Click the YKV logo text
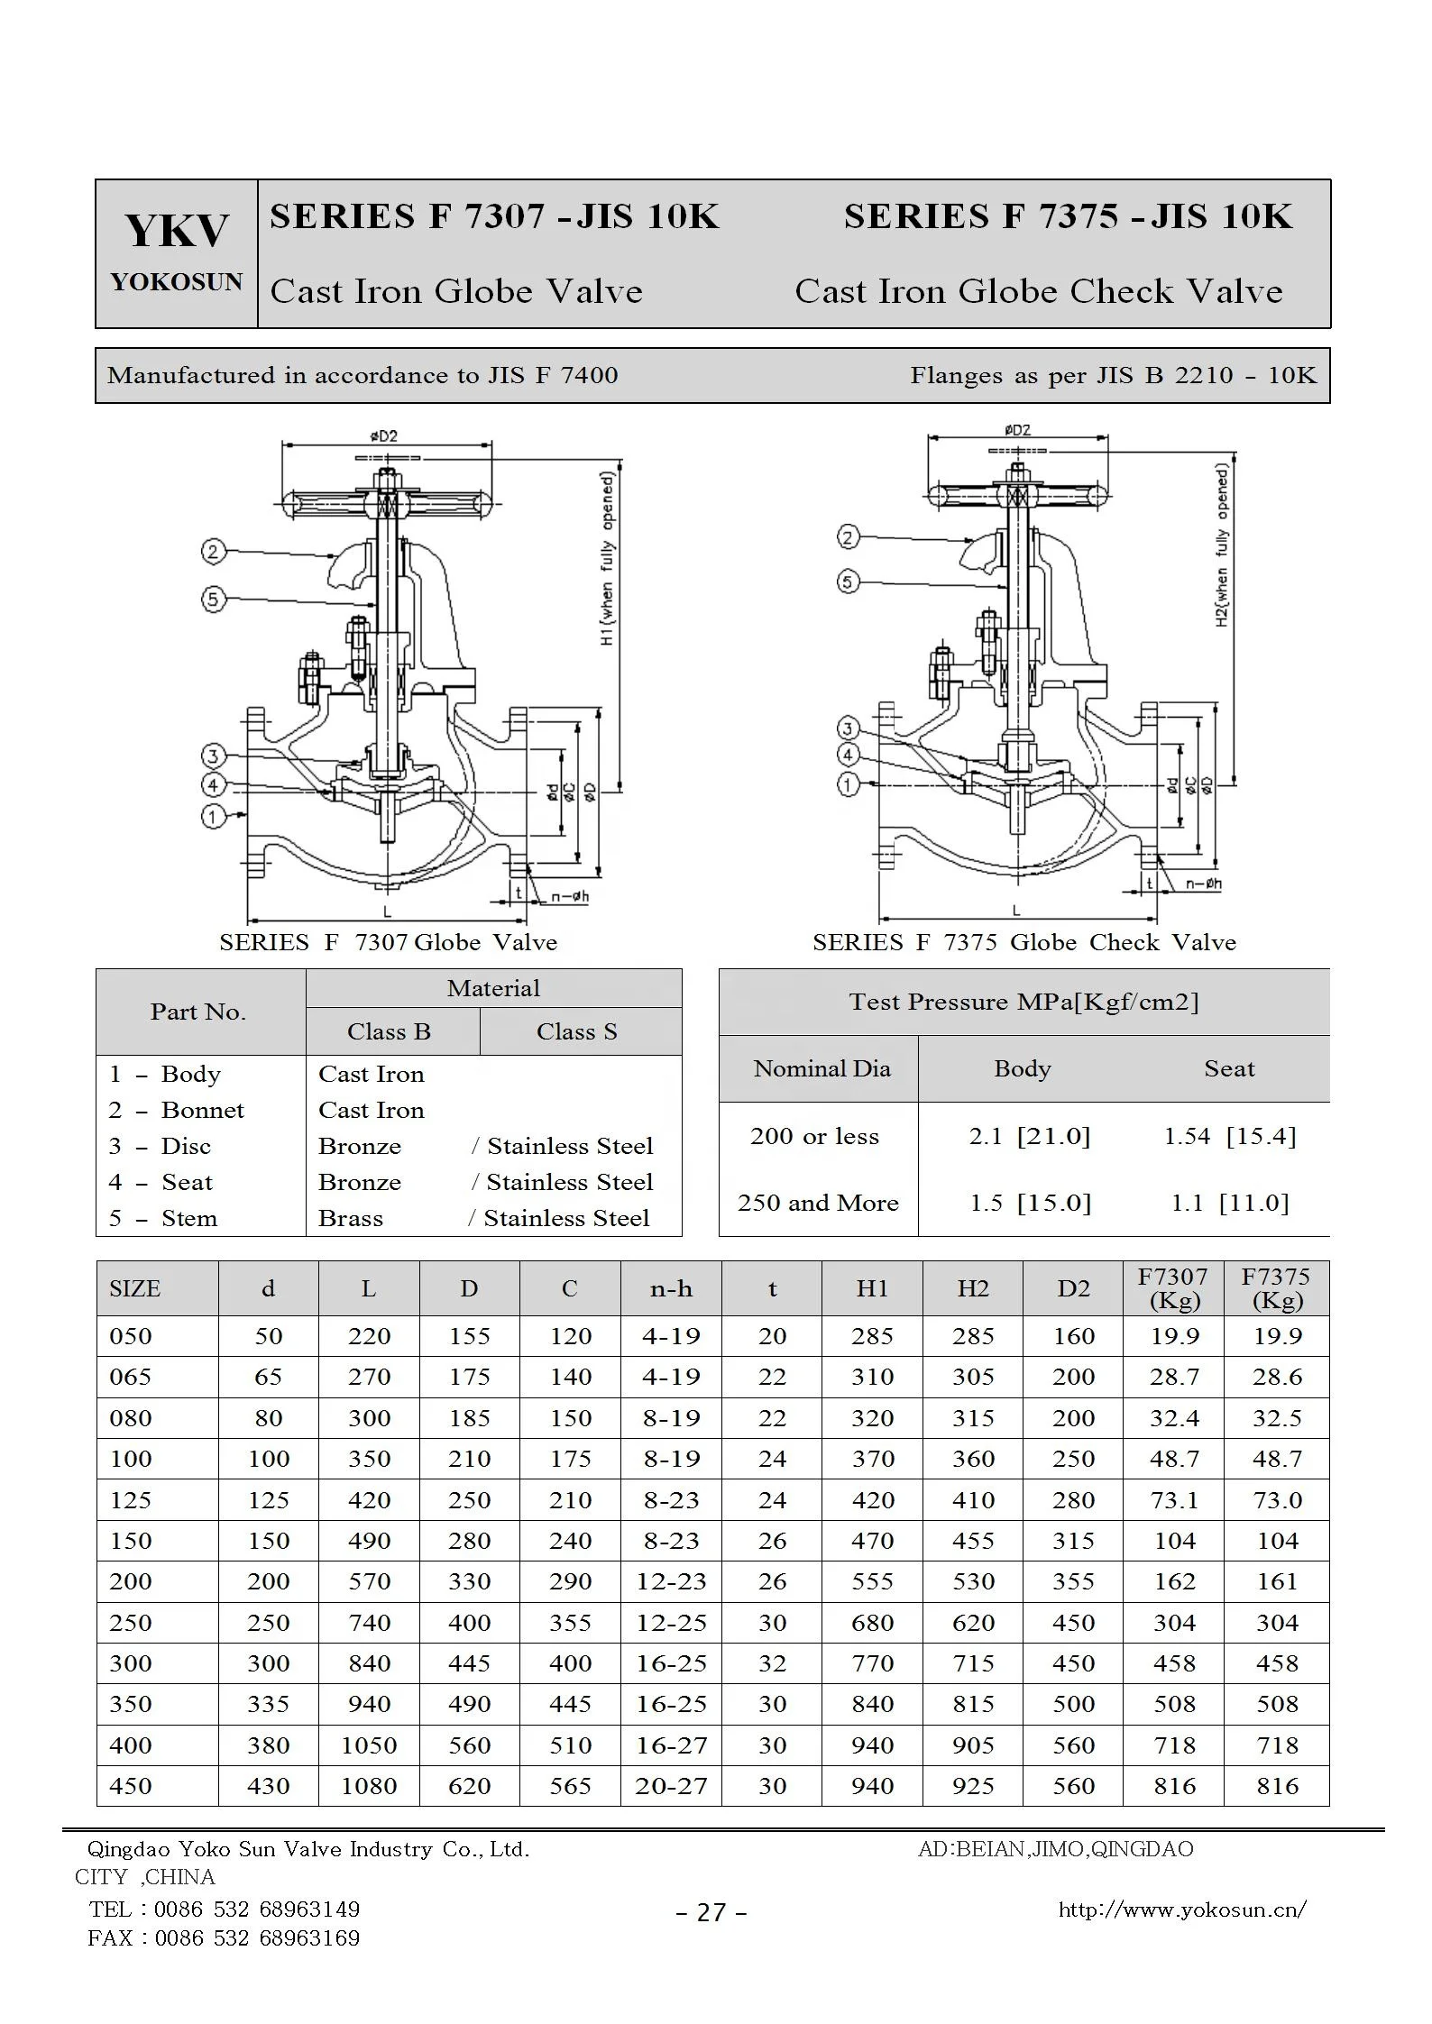pos(177,231)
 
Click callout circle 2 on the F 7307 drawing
pos(214,551)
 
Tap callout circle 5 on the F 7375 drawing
pos(848,582)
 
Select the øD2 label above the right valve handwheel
pos(1016,430)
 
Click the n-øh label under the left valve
pos(569,896)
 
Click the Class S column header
pos(576,1031)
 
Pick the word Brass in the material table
pos(351,1218)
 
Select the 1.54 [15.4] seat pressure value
pos(1229,1136)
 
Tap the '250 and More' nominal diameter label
pos(818,1203)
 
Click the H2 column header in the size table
pos(973,1289)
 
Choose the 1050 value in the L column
pos(369,1745)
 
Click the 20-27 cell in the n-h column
pos(671,1786)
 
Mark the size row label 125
pos(131,1500)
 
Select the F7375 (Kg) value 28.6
pos(1277,1377)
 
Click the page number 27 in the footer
pos(711,1913)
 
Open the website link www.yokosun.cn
pos(1181,1909)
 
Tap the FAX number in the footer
pos(224,1938)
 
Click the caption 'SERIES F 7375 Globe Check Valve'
pos(1024,942)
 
